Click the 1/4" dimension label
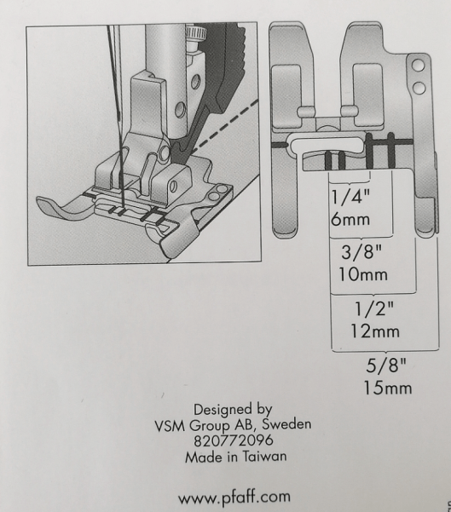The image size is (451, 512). [350, 197]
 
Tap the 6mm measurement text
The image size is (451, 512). [350, 219]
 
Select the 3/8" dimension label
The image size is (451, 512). [361, 252]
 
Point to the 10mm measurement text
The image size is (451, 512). [363, 274]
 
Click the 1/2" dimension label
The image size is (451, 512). [374, 308]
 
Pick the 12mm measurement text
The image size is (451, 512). [375, 331]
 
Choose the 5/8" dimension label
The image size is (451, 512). [385, 365]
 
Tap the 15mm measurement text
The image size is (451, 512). [388, 388]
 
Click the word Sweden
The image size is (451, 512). [286, 424]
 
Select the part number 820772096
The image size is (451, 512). [234, 440]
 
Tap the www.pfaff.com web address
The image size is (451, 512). [234, 497]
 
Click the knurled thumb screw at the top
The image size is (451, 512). [195, 33]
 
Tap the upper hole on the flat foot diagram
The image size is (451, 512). [418, 66]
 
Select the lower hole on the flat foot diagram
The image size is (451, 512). [419, 88]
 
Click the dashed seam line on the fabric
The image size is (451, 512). [225, 126]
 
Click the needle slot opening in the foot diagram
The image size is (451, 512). [326, 144]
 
